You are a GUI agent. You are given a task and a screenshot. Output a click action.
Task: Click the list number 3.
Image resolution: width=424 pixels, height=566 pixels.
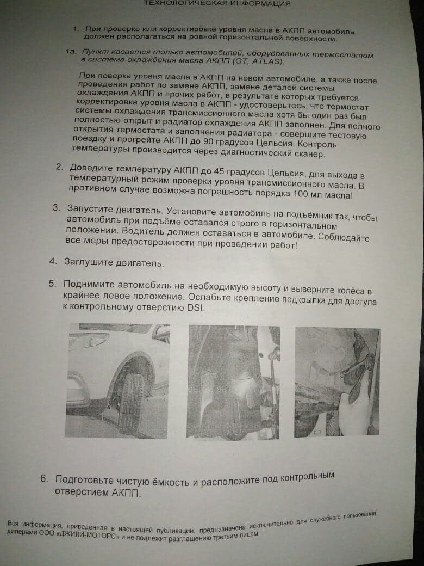[x=56, y=208]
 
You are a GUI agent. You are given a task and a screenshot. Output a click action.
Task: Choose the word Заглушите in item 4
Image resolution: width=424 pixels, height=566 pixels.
[x=88, y=262]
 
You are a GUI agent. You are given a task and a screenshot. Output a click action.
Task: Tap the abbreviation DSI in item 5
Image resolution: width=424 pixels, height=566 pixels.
[x=195, y=309]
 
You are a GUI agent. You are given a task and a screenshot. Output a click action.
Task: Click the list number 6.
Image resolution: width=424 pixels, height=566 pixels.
[x=44, y=478]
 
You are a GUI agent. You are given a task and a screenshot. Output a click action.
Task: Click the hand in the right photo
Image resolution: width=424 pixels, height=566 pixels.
[x=355, y=404]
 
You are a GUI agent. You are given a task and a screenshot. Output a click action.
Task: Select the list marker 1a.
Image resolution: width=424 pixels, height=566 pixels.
[x=71, y=52]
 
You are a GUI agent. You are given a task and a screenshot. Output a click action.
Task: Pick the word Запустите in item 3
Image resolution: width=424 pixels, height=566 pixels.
[x=91, y=209]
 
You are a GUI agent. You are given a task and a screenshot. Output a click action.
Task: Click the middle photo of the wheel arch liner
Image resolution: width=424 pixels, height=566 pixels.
[x=233, y=382]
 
